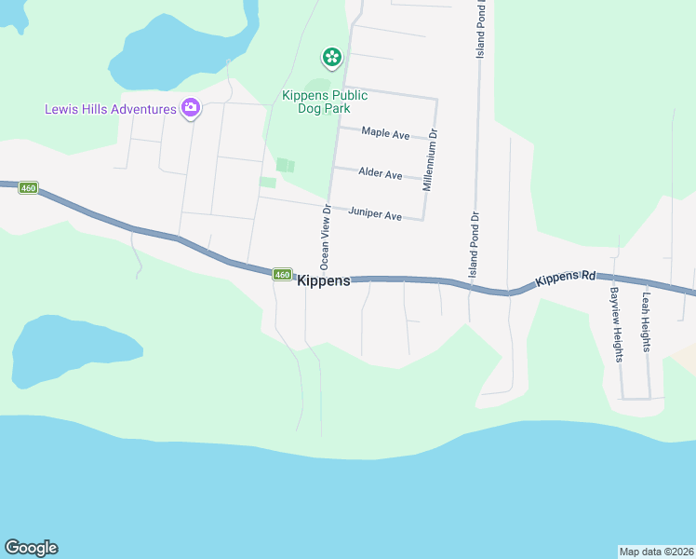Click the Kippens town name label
324,279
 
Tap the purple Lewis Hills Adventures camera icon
191,109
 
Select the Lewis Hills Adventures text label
111,109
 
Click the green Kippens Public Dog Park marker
331,59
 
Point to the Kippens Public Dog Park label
317,102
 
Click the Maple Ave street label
385,135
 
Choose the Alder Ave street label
381,174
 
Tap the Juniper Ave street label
375,215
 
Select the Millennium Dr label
429,160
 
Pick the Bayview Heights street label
616,324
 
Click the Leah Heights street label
646,322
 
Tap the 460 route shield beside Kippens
283,274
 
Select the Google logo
31,548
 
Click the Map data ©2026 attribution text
656,551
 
